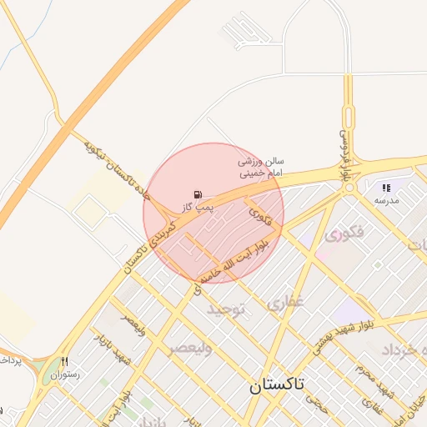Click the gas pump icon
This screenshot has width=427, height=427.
click(197, 193)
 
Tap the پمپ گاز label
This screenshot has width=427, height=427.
click(196, 205)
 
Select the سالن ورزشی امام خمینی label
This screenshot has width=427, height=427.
click(262, 166)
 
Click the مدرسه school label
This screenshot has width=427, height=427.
click(386, 201)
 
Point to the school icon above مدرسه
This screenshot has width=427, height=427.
click(386, 188)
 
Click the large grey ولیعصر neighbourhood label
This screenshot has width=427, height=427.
click(190, 349)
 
